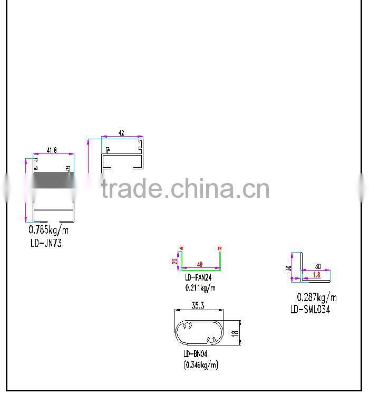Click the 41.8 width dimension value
coord(51,150)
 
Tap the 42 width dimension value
coord(122,133)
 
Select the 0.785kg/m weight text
coord(48,230)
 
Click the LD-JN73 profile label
coord(47,243)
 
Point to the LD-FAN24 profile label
coord(198,277)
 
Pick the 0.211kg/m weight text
coord(200,288)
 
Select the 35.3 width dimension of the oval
coord(198,305)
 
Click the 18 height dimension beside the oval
coord(235,333)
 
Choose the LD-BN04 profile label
coord(195,354)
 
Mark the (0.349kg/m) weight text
coord(201,364)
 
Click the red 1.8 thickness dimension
coord(316,275)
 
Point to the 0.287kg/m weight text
coord(317,297)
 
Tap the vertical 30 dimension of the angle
coord(288,267)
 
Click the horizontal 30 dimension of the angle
coord(318,266)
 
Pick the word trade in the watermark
coord(131,188)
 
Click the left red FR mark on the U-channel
coord(181,247)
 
